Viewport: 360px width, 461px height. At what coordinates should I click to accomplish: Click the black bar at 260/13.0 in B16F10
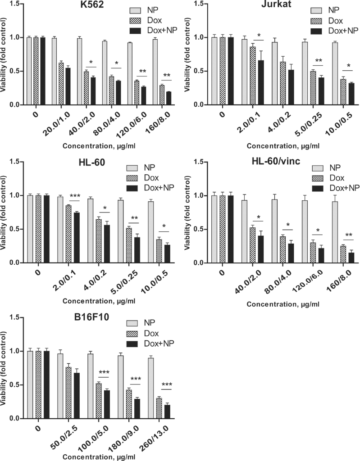pyautogui.click(x=168, y=411)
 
